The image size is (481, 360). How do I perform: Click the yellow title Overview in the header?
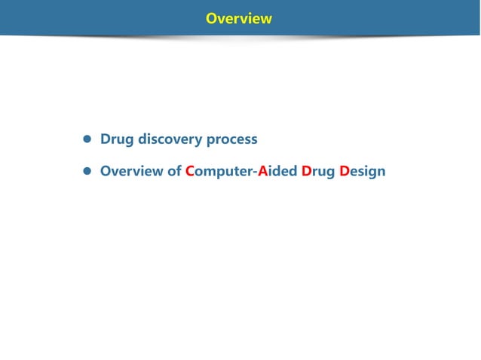tap(239, 18)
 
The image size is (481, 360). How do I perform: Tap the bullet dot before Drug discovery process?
tap(87, 140)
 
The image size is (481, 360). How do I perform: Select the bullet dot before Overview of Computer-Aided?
tap(87, 172)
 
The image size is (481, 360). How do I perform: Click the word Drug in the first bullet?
tap(117, 139)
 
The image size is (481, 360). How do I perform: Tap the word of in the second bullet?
tap(174, 171)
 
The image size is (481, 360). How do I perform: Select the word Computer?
tap(219, 172)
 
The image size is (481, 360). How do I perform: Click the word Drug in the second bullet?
tap(318, 172)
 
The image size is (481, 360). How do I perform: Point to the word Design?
tap(363, 172)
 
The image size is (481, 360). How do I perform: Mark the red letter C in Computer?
tap(190, 171)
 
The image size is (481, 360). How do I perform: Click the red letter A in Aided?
tap(263, 171)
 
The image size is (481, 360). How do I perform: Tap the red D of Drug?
tap(307, 171)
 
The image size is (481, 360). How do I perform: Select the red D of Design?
tap(345, 171)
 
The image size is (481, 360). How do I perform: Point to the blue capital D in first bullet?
tap(106, 139)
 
